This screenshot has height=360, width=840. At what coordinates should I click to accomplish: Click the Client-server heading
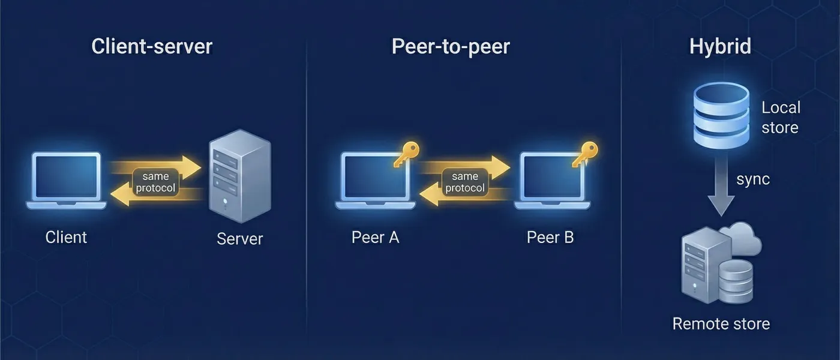pos(152,47)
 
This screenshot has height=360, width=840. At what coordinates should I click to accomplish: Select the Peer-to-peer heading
pos(451,47)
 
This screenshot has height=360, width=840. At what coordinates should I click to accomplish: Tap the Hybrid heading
pos(720,47)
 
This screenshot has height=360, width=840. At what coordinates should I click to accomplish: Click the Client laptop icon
pos(66,180)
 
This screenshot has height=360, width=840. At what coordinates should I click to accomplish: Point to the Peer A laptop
pos(375,180)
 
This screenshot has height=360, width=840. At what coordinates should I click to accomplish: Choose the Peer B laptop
pos(552,180)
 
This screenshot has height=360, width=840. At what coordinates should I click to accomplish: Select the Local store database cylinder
pos(721,114)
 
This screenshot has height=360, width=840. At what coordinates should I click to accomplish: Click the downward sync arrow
pos(721,192)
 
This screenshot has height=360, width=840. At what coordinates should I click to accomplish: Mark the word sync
pos(753,179)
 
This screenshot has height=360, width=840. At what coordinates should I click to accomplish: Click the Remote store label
pos(721,324)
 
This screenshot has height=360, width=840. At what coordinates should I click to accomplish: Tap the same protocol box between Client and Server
pos(156,182)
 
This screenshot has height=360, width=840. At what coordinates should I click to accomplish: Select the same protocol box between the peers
pos(464,182)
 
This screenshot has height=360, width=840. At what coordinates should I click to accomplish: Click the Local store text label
pos(781,118)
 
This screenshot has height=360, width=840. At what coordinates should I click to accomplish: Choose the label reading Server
pos(239,239)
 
